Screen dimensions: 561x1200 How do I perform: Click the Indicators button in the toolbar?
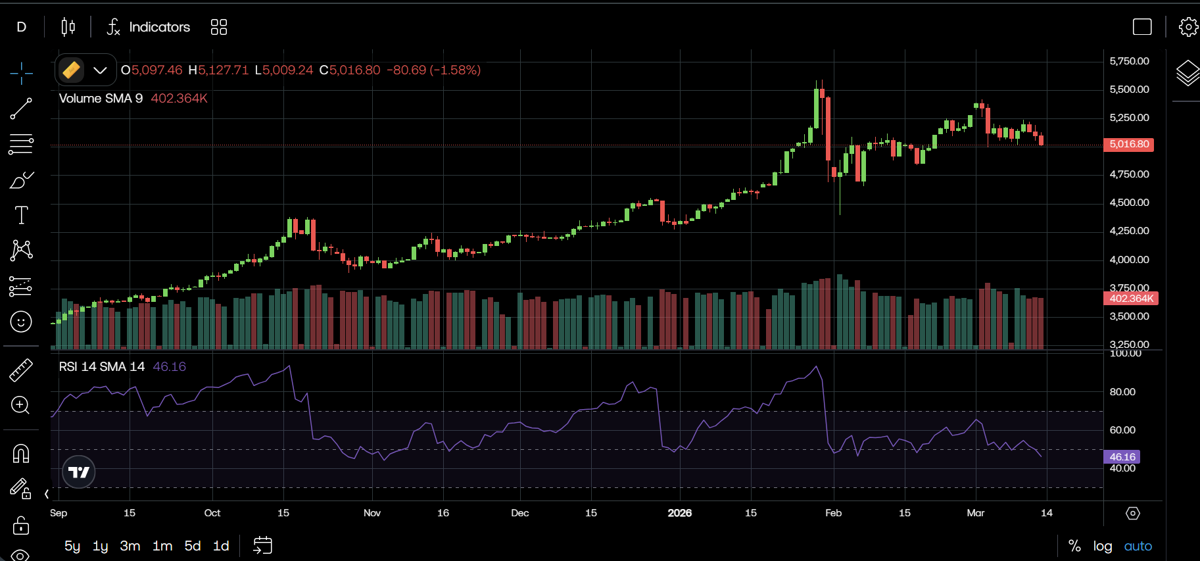[149, 27]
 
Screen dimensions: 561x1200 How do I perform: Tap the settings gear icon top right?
[1188, 27]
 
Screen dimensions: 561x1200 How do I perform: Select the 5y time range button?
[72, 546]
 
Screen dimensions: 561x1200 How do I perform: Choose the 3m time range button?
[130, 546]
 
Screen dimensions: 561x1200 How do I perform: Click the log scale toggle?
[1103, 546]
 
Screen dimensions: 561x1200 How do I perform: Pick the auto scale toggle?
[1138, 546]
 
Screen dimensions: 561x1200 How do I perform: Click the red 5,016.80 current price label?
[1129, 144]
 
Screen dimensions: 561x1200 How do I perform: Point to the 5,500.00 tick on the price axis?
[1129, 89]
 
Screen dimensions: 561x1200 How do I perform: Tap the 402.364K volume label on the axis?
[1131, 299]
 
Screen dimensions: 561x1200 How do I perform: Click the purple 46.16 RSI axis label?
[1122, 457]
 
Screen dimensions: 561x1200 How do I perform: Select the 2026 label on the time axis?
[679, 513]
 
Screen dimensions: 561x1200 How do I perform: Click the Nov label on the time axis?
[372, 513]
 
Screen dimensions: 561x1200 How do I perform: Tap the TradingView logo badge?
[79, 472]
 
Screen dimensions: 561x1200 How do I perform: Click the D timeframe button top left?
[22, 27]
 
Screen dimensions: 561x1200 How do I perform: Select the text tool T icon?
[21, 215]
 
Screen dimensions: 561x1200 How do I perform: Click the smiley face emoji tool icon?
[21, 322]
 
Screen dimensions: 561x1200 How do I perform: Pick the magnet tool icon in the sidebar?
[21, 453]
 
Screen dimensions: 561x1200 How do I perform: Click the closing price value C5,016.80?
[350, 70]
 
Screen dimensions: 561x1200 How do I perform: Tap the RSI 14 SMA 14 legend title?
[102, 366]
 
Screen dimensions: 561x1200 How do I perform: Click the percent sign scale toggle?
[1074, 546]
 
